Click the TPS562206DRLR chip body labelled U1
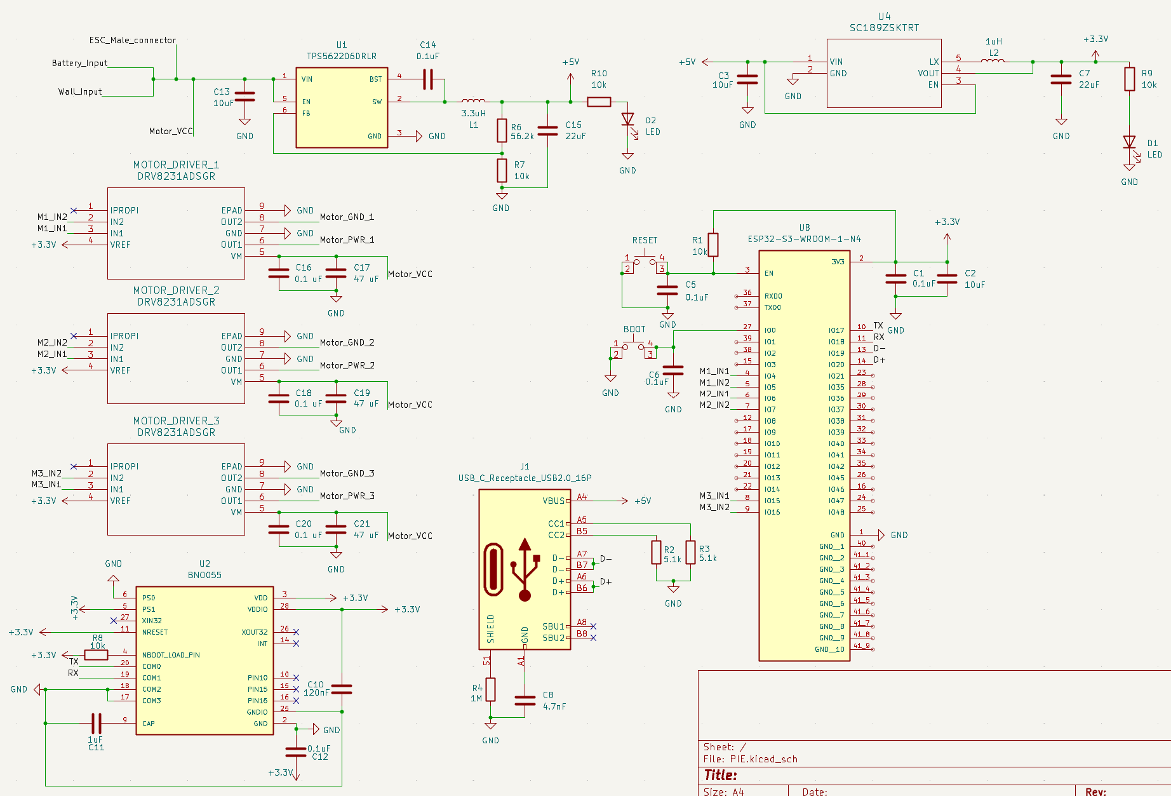click(342, 107)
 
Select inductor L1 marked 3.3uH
click(473, 101)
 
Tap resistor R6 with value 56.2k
click(502, 130)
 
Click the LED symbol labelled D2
click(627, 119)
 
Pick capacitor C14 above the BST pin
click(428, 79)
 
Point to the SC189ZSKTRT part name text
click(884, 28)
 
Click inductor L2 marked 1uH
click(993, 62)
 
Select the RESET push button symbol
click(645, 260)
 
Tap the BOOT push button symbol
click(633, 346)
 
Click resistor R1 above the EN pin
click(713, 245)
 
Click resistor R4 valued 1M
click(490, 689)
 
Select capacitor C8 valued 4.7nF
click(525, 700)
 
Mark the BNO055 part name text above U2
click(204, 575)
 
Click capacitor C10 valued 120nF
click(342, 689)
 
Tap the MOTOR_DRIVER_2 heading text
click(176, 290)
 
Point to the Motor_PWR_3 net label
click(347, 496)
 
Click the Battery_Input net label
click(79, 63)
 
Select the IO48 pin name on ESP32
click(836, 512)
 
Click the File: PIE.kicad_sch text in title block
click(750, 759)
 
